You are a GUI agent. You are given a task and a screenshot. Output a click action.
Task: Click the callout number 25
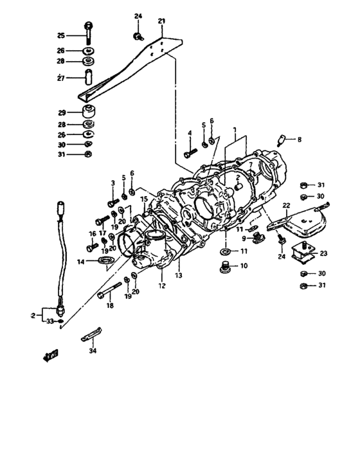click(60, 35)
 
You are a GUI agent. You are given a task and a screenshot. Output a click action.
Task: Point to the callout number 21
click(161, 22)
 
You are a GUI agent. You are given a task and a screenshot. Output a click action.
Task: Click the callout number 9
click(244, 239)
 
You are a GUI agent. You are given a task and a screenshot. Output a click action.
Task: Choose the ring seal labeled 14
click(105, 260)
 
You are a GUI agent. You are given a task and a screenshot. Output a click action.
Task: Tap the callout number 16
click(92, 233)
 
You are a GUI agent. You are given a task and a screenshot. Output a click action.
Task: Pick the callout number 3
click(113, 183)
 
